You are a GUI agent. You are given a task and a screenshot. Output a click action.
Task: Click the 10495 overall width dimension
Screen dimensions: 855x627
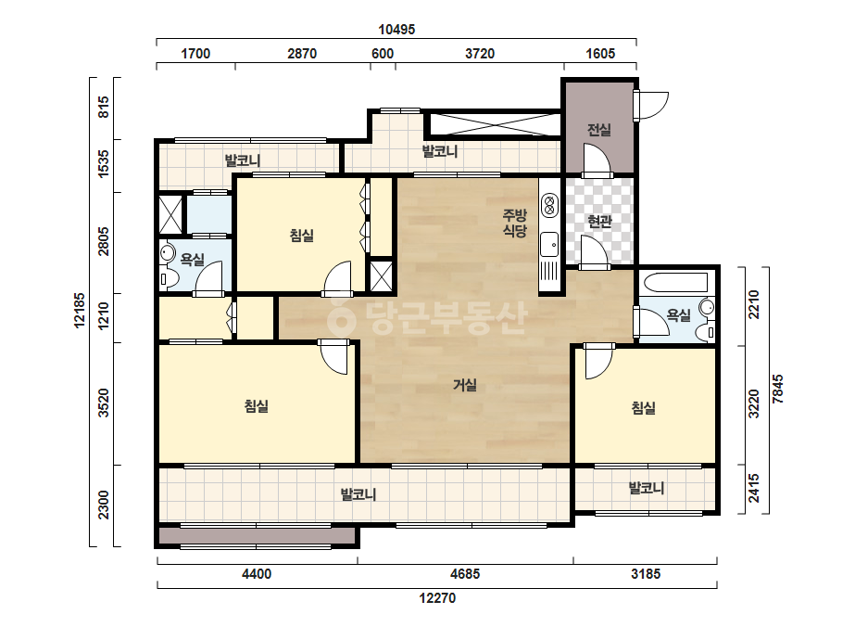[x=396, y=30]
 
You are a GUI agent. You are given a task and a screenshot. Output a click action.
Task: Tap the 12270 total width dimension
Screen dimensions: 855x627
[x=437, y=598]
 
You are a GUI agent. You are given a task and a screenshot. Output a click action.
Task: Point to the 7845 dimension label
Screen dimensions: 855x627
[x=777, y=389]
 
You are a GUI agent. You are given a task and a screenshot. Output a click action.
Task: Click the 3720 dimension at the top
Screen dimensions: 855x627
[x=480, y=54]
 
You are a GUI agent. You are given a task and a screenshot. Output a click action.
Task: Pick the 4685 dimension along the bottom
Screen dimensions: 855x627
[x=465, y=574]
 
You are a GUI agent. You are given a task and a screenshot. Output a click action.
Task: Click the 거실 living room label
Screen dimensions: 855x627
[x=465, y=385]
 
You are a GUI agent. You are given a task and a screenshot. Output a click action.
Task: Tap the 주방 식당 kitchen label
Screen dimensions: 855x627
[x=514, y=223]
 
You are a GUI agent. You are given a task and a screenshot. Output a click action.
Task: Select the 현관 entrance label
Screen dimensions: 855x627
[x=599, y=221]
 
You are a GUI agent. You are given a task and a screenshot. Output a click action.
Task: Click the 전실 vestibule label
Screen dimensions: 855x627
[x=598, y=130]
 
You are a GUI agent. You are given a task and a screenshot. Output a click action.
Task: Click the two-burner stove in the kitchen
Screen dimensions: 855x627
[x=549, y=206]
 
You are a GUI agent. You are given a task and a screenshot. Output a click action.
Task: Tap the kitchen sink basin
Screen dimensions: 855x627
[x=549, y=245]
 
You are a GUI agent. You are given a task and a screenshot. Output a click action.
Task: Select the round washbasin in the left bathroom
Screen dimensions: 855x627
[x=167, y=253]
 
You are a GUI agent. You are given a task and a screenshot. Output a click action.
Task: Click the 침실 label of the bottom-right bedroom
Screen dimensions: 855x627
[x=644, y=407]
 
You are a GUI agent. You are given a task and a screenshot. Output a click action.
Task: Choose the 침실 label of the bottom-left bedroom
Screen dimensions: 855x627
[x=257, y=406]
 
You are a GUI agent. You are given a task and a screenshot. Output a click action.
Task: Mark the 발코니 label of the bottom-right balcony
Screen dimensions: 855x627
[x=647, y=487]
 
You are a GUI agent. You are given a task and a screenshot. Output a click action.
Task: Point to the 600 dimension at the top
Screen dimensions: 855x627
[x=383, y=54]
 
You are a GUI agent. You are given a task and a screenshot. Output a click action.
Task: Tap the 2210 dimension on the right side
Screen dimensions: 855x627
[x=754, y=304]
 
